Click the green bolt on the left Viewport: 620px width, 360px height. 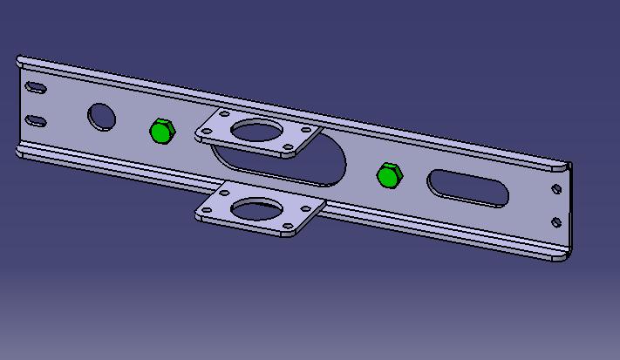(x=161, y=132)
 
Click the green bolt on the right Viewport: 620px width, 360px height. (x=389, y=175)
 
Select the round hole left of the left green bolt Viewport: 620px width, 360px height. (x=101, y=117)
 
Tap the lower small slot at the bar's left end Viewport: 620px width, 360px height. (x=36, y=119)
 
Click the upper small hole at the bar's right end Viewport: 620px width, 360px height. (x=556, y=188)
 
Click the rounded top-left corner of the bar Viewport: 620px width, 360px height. (x=21, y=61)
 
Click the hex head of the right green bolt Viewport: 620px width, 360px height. (x=389, y=175)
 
